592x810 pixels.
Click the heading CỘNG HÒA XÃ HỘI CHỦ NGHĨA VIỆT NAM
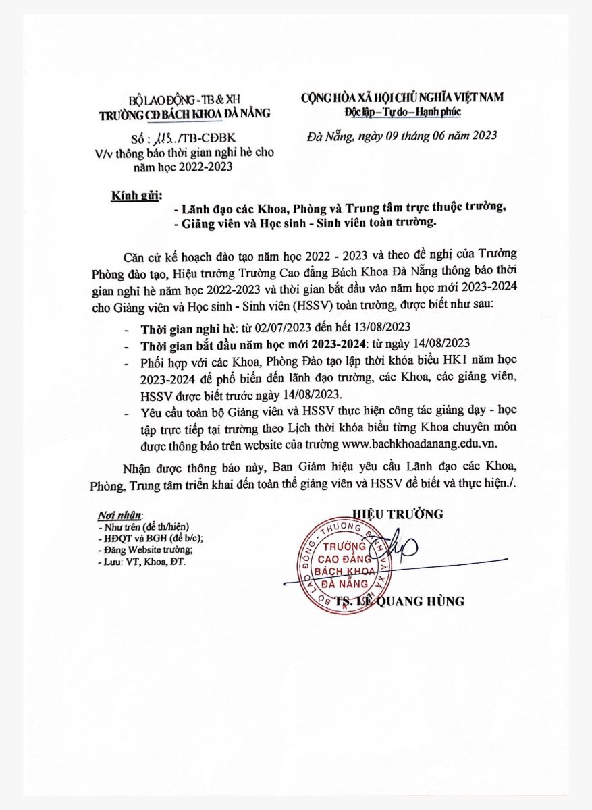pos(402,98)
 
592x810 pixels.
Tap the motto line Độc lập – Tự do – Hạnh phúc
pos(403,111)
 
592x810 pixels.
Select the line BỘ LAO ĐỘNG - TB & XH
pos(184,99)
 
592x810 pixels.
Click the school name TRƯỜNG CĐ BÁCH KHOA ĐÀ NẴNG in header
pos(184,113)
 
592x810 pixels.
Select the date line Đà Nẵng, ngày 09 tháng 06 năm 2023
pos(402,135)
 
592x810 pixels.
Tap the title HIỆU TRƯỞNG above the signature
pos(398,514)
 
